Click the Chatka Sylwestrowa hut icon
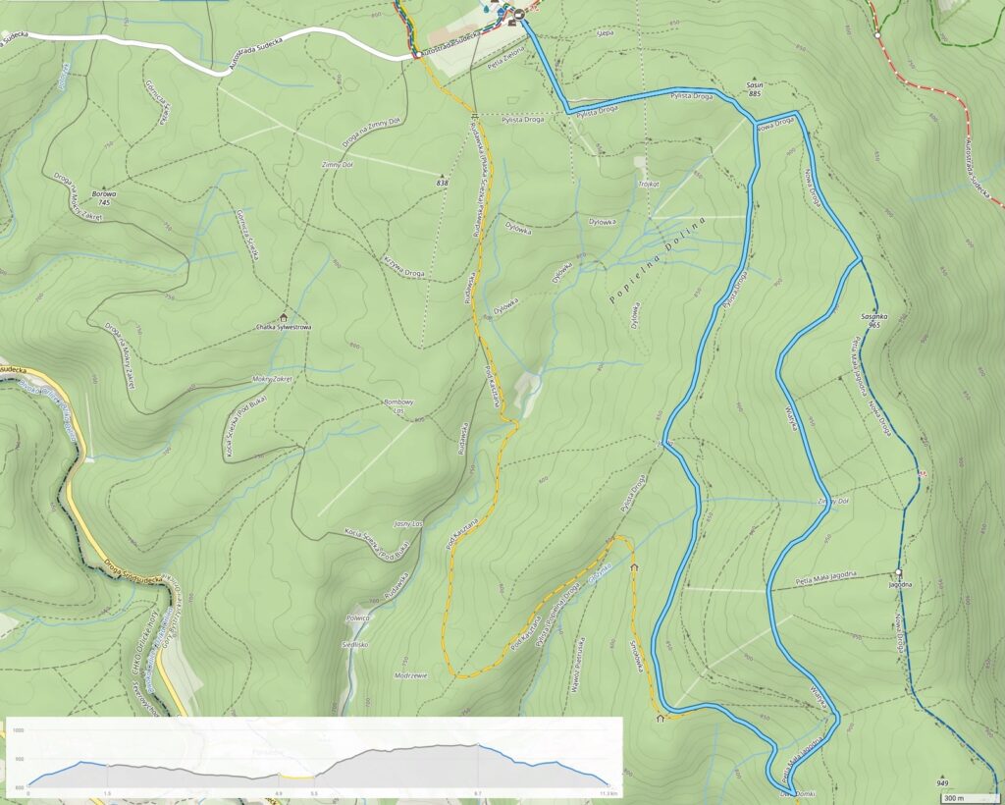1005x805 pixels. tap(285, 317)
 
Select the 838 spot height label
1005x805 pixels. tap(442, 183)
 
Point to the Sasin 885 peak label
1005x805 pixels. tap(754, 90)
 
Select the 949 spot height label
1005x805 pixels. tap(943, 782)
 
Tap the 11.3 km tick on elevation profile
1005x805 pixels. tap(607, 793)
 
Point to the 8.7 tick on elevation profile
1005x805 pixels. tap(477, 793)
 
